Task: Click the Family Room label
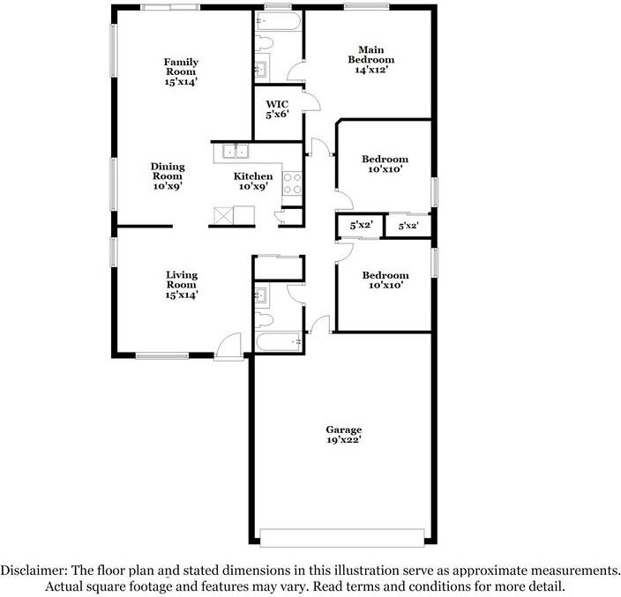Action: click(x=181, y=71)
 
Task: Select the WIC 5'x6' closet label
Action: click(x=277, y=108)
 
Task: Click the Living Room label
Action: click(x=181, y=285)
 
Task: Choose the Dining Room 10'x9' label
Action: click(x=167, y=175)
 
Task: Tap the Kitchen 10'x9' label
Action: click(x=253, y=182)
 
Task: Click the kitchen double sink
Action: click(x=234, y=151)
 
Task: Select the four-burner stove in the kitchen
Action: click(x=293, y=183)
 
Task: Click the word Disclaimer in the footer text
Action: click(x=34, y=570)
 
